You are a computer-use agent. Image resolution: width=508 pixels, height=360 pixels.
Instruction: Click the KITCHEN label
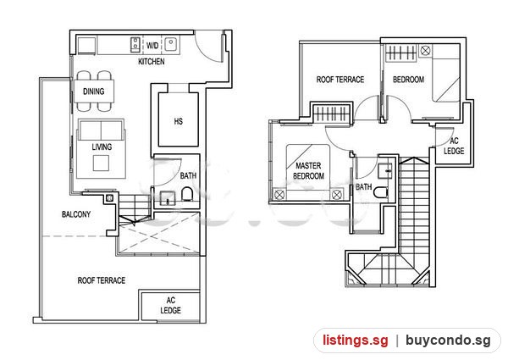click(152, 61)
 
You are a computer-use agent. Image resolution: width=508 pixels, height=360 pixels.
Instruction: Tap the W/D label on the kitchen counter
click(152, 45)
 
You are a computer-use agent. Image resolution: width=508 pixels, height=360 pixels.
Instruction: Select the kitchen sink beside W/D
click(171, 44)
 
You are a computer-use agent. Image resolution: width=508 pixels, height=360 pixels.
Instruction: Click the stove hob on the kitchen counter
click(135, 45)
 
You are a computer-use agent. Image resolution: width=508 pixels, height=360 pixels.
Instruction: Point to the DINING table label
click(94, 91)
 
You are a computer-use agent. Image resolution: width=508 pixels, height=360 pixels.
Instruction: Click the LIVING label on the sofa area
click(102, 147)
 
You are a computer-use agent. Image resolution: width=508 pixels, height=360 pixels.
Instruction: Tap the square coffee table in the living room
click(101, 163)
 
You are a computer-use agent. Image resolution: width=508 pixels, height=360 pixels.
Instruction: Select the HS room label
click(178, 121)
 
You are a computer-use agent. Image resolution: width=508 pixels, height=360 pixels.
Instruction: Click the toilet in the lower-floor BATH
click(187, 195)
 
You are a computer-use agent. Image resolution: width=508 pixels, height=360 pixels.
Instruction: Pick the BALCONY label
click(76, 214)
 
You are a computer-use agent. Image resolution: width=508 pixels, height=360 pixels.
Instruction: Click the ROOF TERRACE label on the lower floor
click(102, 280)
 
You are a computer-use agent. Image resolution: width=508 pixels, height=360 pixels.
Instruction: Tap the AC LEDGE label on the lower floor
click(171, 305)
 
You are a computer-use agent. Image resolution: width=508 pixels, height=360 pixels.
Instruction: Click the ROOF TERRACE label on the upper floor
click(340, 80)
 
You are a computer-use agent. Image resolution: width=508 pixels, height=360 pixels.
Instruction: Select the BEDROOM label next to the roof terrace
click(409, 80)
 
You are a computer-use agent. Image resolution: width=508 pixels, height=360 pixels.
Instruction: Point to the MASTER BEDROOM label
click(308, 171)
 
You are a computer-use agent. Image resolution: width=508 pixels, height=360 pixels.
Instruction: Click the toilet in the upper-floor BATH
click(381, 192)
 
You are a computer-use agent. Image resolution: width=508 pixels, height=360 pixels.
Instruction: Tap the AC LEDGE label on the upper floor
click(454, 146)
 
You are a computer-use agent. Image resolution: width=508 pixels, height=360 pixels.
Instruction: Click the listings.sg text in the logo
click(355, 341)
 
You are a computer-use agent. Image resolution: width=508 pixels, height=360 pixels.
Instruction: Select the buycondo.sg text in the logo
click(448, 341)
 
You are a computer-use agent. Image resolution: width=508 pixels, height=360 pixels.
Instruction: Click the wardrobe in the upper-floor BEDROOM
click(400, 53)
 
